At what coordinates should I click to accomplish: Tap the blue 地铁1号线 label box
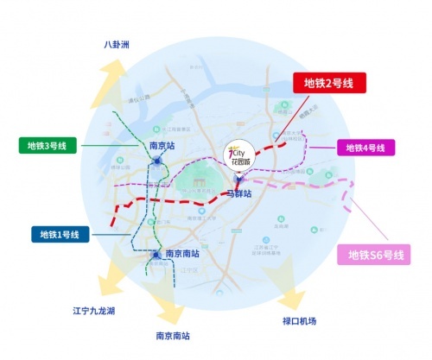[60, 234]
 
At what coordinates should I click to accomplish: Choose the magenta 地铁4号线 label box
[365, 148]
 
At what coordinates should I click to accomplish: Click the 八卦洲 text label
[116, 45]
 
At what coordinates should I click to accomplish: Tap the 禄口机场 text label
[299, 321]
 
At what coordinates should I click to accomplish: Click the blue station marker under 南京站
[157, 161]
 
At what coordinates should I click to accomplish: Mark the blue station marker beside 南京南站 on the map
[156, 254]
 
